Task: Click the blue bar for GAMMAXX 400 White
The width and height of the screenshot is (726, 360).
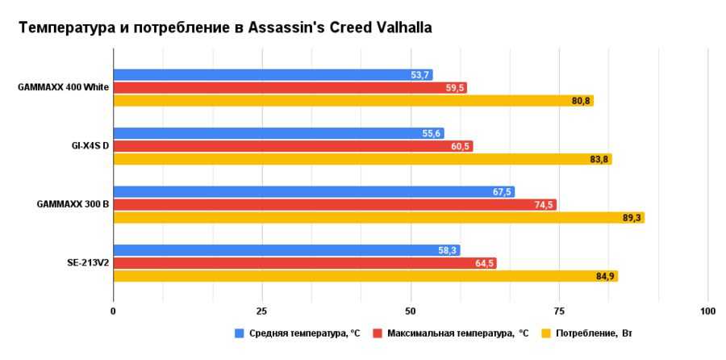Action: [273, 75]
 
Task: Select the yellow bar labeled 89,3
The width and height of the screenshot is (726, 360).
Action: [378, 218]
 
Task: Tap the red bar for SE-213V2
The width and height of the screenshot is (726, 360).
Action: [305, 263]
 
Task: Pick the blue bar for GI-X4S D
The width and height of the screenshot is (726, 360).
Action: [278, 133]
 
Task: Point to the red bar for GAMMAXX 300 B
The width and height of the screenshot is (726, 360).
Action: [335, 205]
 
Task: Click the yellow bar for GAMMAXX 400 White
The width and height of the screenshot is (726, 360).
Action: [353, 101]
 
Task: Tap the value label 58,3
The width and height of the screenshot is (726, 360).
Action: [448, 251]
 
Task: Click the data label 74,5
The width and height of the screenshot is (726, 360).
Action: [544, 205]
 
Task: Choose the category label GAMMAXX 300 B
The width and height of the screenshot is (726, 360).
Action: [73, 205]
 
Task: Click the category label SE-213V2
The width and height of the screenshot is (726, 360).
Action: [88, 263]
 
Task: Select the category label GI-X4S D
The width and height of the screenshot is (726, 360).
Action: [90, 146]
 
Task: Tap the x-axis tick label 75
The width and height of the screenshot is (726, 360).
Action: [559, 311]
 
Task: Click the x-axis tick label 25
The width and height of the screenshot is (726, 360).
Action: [262, 311]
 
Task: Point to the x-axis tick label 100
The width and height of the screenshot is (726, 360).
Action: [707, 311]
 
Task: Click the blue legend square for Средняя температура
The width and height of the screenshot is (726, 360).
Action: [239, 333]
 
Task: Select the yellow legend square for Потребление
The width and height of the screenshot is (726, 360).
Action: [545, 333]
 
